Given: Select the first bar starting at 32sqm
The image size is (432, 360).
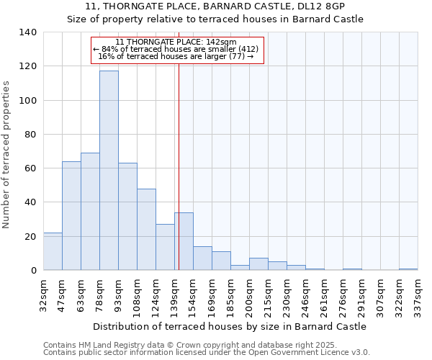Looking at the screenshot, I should pos(53,251).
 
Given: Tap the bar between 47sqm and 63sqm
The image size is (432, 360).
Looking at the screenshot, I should pos(71,216).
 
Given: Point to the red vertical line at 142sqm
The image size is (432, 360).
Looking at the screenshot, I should pos(179,166).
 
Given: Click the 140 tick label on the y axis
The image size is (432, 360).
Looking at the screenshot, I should pos(28,32).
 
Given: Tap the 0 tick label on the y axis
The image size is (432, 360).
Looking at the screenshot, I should pos(34,271).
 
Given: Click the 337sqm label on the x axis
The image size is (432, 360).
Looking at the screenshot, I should pos(418,293).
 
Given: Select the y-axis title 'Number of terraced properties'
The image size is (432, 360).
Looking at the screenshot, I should pos(6,155).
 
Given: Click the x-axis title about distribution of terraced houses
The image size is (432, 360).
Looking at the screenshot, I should pos(230,326).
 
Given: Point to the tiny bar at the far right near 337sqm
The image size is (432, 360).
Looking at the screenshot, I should pos(408,269).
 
